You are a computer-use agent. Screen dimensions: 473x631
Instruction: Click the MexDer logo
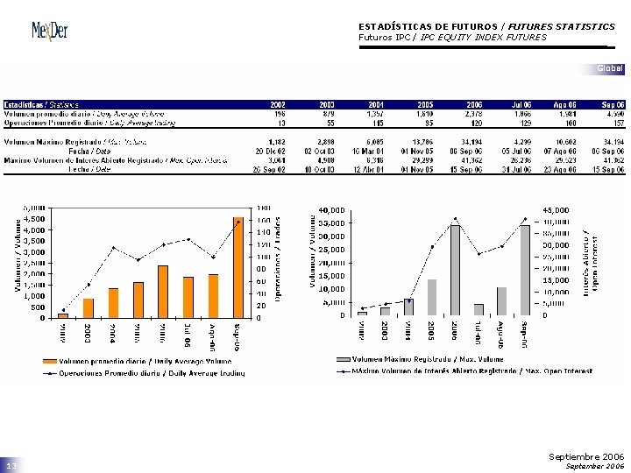point(49,31)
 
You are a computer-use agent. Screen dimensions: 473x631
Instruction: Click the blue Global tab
point(609,68)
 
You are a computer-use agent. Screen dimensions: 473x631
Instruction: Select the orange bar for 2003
point(88,307)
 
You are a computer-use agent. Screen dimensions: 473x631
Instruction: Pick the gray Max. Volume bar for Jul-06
point(479,309)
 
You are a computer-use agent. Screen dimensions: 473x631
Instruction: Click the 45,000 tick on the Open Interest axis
point(556,210)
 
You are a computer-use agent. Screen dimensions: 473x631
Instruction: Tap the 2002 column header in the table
point(277,104)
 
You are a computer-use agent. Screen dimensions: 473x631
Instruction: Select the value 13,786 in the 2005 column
point(422,141)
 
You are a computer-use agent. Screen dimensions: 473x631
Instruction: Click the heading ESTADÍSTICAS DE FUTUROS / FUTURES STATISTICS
point(486,27)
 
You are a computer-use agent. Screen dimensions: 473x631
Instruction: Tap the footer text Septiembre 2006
point(586,456)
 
